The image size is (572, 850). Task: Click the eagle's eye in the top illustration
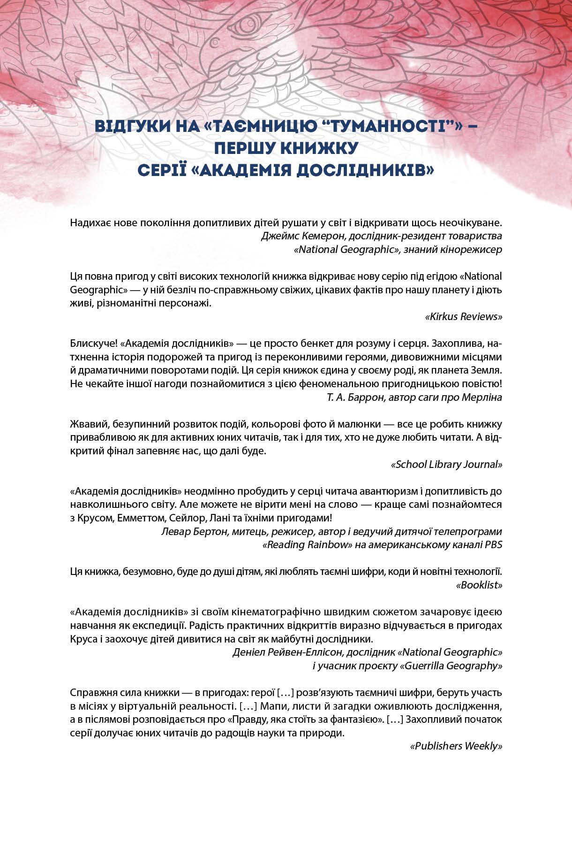tap(248, 23)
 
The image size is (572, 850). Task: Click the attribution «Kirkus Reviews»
tap(463, 316)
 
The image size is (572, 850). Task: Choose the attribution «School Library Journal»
tap(446, 464)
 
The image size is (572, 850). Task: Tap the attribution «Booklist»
tap(479, 585)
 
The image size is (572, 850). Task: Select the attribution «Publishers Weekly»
tap(456, 746)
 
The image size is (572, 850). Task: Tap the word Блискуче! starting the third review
tap(92, 343)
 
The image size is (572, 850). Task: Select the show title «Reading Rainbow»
tap(308, 544)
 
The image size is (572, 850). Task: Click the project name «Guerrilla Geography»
tap(451, 666)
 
